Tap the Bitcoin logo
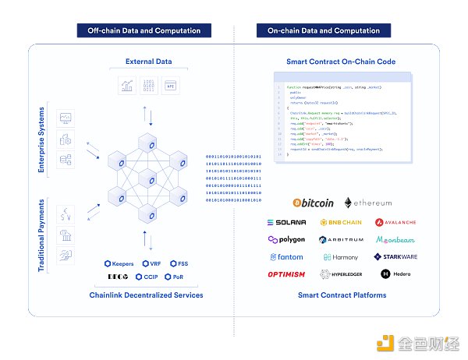coord(312,203)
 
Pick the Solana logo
coord(286,222)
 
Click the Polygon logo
coord(286,240)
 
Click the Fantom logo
coord(286,257)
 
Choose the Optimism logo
coord(286,274)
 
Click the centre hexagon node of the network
coord(148,180)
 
